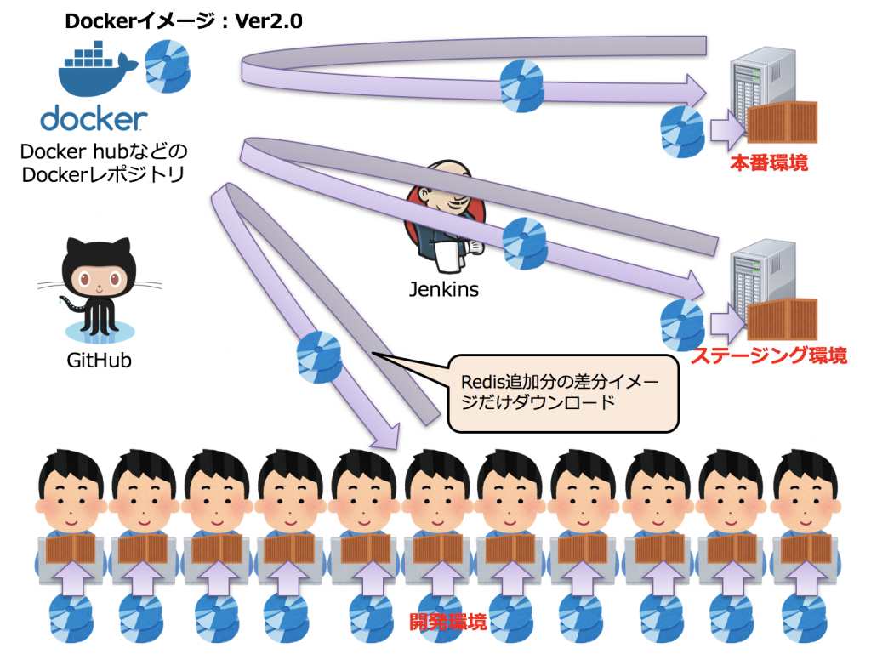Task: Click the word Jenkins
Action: pyautogui.click(x=443, y=289)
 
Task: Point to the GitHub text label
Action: pyautogui.click(x=99, y=360)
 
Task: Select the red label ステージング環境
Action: pyautogui.click(x=768, y=355)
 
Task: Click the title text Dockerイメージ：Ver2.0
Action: pyautogui.click(x=184, y=20)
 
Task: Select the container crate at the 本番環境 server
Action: pyautogui.click(x=782, y=120)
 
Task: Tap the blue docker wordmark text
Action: pyautogui.click(x=94, y=119)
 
